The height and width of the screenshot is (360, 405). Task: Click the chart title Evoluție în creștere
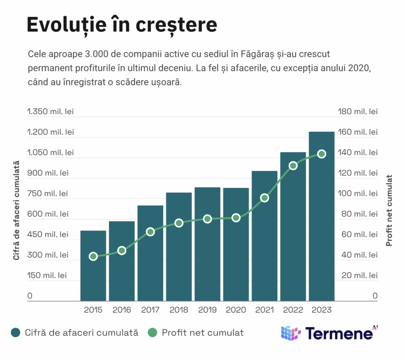[121, 25]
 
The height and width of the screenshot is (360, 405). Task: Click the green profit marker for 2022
[293, 166]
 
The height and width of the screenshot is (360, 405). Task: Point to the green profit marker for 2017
[150, 232]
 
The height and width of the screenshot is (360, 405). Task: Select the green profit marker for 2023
[322, 154]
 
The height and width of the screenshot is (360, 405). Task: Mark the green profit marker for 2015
[93, 256]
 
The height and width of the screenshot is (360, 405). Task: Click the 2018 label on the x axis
[179, 310]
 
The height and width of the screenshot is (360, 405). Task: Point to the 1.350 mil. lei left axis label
[50, 112]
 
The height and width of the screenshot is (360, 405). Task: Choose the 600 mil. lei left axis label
[47, 214]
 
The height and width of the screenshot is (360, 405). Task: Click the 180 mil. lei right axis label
[358, 112]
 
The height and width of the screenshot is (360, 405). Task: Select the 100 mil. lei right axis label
[358, 193]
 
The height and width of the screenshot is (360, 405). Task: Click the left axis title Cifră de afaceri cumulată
[16, 210]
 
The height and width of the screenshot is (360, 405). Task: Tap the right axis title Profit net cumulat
[390, 210]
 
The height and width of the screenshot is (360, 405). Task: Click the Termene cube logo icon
[291, 333]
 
